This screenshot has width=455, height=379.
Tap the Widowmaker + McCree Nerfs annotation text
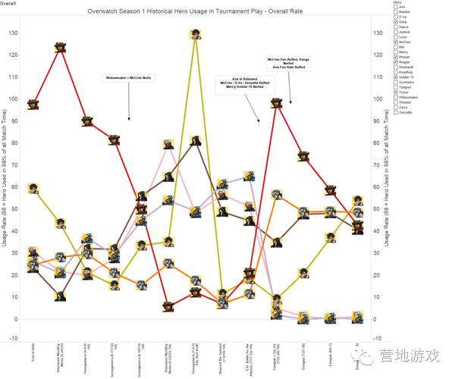tap(129, 77)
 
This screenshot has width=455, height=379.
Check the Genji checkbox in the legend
tap(395, 23)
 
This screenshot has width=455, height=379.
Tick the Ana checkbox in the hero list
tap(395, 8)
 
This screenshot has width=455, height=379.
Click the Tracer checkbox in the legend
tap(395, 93)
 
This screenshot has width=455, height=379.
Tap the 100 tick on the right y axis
tap(378, 99)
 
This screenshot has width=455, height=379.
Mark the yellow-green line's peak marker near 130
tap(196, 33)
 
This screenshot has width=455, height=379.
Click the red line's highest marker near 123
tap(61, 47)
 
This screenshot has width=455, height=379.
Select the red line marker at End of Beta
tap(33, 105)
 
